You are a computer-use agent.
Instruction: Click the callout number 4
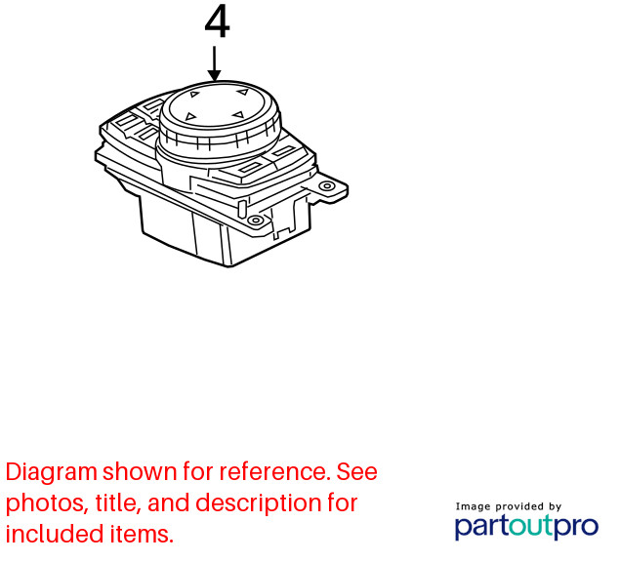pos(217,21)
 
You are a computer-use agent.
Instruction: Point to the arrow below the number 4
pos(214,63)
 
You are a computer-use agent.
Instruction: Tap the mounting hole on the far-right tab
pos(327,185)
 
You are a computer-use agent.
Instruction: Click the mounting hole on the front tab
pos(256,221)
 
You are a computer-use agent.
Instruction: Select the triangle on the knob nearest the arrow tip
pos(194,94)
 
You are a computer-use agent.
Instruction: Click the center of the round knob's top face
pos(218,105)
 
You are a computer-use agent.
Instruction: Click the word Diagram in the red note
pos(52,472)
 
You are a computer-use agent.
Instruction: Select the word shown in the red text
pos(140,471)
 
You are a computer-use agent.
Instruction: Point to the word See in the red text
pos(357,471)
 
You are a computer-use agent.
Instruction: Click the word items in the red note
pos(142,535)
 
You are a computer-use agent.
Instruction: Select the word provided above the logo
pos(519,506)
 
